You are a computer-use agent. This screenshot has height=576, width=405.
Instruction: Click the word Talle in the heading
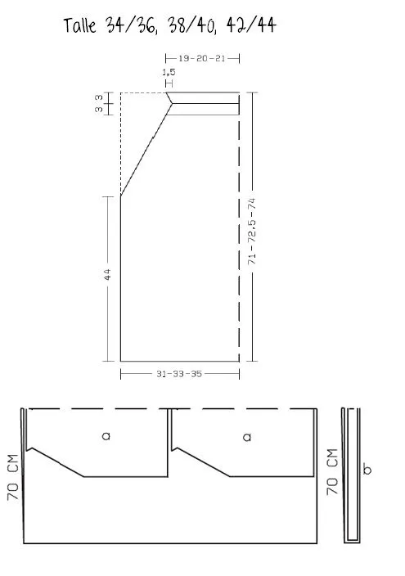click(79, 25)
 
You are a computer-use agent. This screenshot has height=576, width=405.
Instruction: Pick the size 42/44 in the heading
click(251, 25)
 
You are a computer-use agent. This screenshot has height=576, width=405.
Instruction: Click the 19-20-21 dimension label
click(202, 58)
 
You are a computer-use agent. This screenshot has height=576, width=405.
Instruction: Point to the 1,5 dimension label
click(169, 72)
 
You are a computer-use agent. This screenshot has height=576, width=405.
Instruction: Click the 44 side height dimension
click(107, 274)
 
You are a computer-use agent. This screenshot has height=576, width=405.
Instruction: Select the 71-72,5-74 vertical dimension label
click(252, 231)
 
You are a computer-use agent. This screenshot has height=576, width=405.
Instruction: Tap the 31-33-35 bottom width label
click(179, 374)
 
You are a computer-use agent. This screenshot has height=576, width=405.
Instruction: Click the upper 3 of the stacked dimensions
click(99, 97)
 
